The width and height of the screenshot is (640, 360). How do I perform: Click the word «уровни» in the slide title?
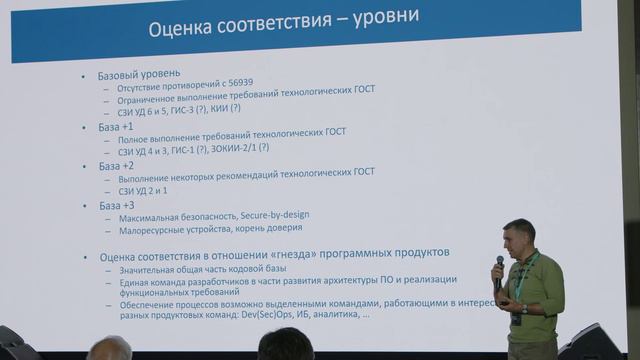(379, 19)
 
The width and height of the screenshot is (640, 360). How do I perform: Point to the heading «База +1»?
(116, 127)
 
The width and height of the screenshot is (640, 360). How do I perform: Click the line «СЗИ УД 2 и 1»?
(143, 190)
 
